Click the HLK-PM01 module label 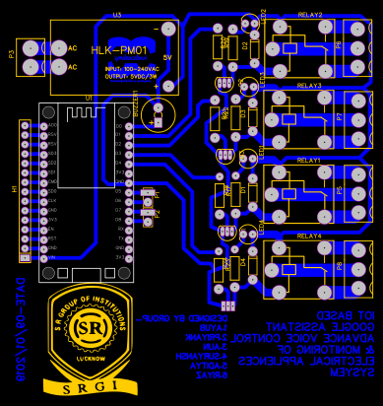click(118, 50)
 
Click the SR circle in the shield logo click(91, 326)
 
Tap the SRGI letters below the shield click(91, 386)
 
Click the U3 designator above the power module click(116, 15)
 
